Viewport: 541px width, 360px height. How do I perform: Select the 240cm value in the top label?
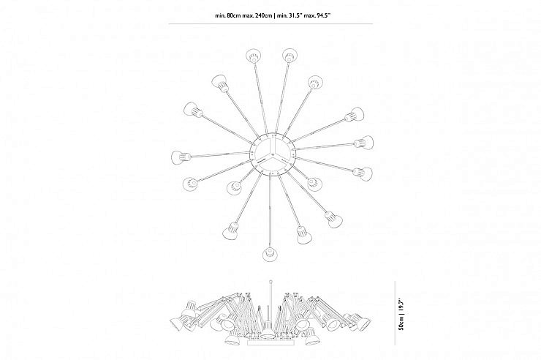point(263,15)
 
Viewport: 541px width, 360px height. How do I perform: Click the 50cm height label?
point(401,323)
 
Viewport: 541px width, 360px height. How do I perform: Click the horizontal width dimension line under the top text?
point(270,24)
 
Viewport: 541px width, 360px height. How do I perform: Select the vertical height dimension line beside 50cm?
point(395,312)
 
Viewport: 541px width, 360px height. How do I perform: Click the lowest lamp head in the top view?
point(270,254)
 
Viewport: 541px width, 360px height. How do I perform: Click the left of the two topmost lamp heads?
point(254,56)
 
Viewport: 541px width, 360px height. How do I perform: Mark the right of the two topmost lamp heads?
point(289,55)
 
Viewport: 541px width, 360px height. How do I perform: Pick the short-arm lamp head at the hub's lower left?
point(234,187)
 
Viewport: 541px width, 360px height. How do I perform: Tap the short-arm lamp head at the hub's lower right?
point(314,184)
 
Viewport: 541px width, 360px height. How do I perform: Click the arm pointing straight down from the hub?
point(270,211)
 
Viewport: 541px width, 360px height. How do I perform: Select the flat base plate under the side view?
point(270,342)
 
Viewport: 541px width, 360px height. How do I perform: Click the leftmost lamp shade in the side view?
point(177,324)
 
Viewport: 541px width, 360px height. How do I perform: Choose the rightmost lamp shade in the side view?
point(363,323)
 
